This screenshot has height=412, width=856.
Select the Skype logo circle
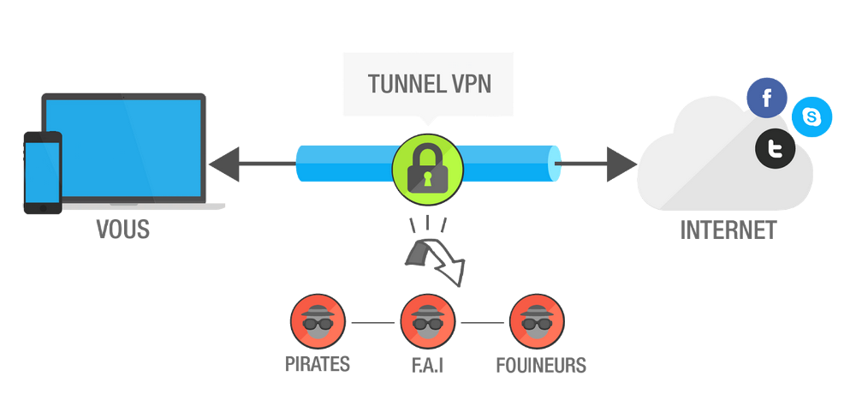811,116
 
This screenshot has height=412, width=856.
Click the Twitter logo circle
776,151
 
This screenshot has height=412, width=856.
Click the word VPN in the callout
469,86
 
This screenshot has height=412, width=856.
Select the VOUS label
122,231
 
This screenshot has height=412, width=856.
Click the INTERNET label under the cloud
728,231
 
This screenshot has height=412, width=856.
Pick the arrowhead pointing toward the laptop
224,163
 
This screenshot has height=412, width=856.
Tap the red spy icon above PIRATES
317,322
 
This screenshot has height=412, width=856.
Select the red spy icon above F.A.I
427,322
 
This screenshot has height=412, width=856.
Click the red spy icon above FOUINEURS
538,322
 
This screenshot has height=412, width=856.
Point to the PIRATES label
318,364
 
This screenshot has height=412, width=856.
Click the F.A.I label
427,364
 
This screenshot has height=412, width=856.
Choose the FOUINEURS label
541,364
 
